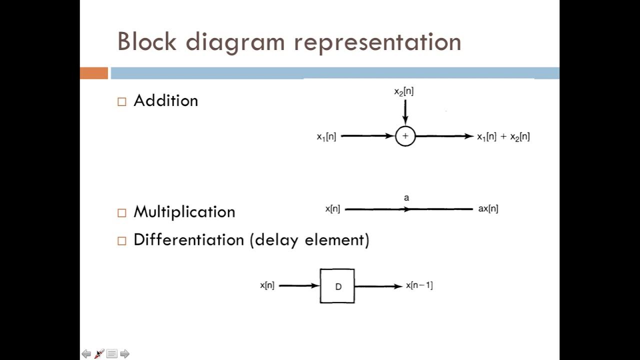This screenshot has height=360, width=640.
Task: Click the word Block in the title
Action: [x=146, y=41]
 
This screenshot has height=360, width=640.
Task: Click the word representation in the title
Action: [x=377, y=42]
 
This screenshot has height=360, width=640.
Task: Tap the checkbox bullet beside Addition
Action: [x=122, y=101]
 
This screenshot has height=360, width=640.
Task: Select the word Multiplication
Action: [x=184, y=212]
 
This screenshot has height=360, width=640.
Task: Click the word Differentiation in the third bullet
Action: [x=188, y=240]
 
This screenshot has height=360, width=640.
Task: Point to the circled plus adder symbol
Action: [x=405, y=136]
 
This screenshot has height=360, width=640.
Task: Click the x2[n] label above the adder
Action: [x=403, y=92]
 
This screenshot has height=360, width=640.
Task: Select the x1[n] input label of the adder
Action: [x=326, y=136]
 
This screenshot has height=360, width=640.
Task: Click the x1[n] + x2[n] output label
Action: [x=503, y=136]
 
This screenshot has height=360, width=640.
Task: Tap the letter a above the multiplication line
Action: [x=406, y=198]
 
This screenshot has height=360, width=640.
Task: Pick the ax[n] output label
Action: [x=488, y=209]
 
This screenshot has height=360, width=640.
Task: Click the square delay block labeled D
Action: [x=337, y=286]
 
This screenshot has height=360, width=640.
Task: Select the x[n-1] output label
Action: [x=419, y=285]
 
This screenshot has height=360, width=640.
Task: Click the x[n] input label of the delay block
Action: [x=267, y=285]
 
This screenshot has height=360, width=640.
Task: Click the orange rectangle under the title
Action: [x=94, y=73]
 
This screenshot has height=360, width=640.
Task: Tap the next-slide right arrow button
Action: [x=125, y=354]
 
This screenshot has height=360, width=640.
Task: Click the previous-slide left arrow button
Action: [x=86, y=354]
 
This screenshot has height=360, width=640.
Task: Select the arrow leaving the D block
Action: [x=378, y=286]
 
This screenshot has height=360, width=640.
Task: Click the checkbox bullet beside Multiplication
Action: [x=122, y=213]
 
